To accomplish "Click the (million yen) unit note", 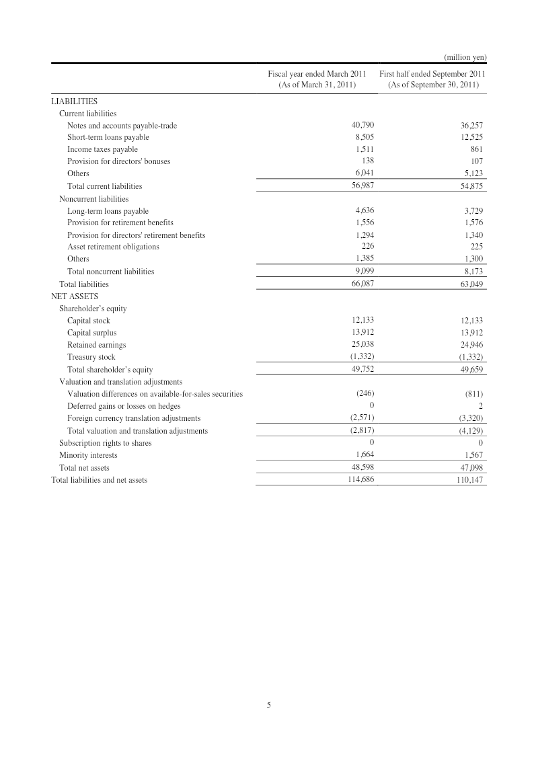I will [465, 57].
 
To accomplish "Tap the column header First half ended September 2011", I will [432, 73].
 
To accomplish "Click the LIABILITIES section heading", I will [75, 102].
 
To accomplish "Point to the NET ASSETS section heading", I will [75, 296].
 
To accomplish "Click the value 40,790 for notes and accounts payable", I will [363, 125].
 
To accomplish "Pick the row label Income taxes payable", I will [102, 149].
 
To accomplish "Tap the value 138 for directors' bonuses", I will [367, 161].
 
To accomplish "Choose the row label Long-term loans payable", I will [108, 211].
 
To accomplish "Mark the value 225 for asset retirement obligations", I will [476, 247].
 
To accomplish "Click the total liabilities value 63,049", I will [471, 284].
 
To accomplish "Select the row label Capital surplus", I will [91, 333].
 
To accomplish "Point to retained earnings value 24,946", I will [471, 345].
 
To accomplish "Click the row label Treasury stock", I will [91, 357].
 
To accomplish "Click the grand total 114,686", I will [361, 480].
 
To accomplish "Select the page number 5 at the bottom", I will [269, 705].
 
